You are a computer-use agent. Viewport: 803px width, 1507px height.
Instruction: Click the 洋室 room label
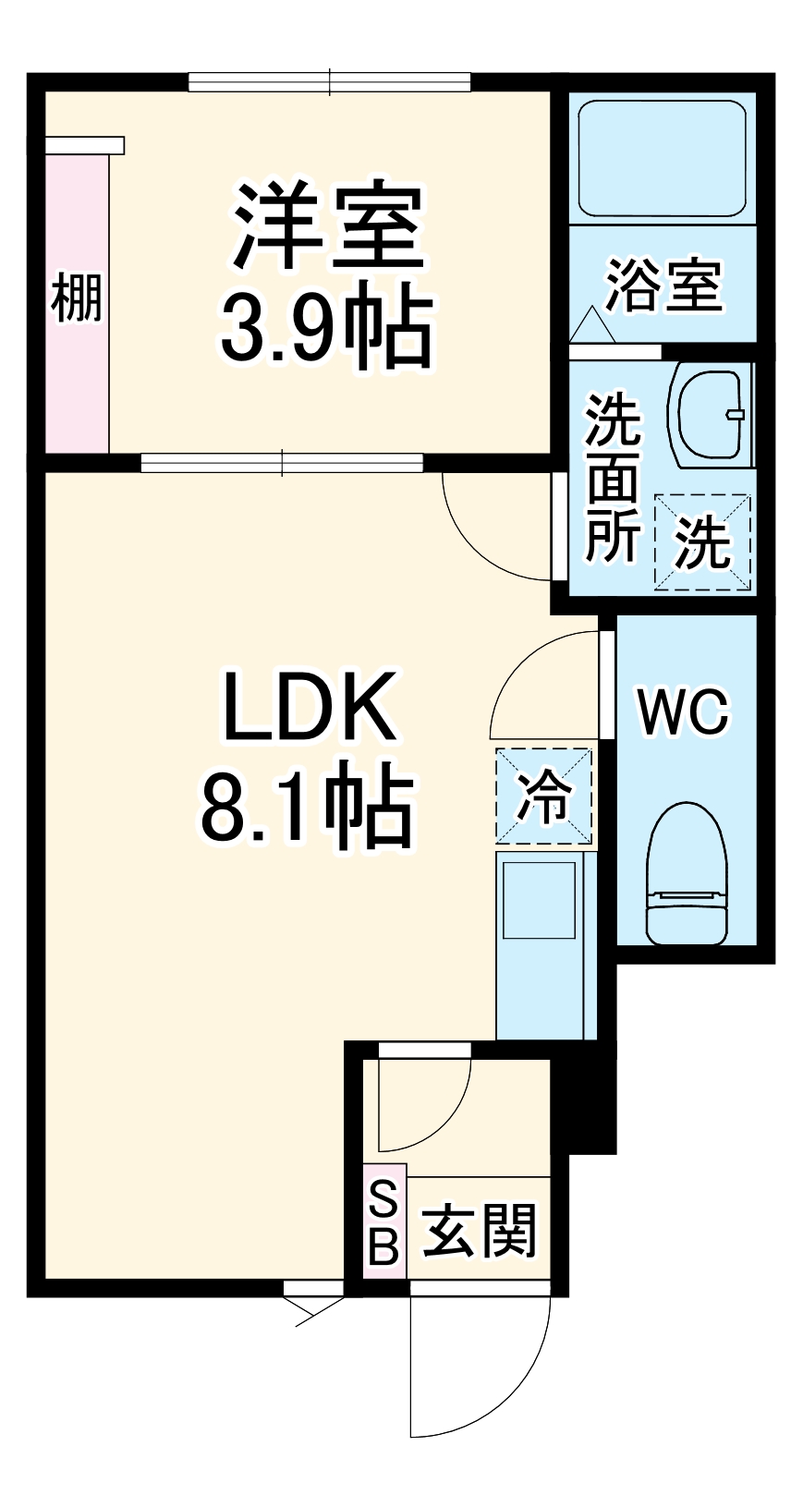328,226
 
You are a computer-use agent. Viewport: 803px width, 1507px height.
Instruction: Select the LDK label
310,708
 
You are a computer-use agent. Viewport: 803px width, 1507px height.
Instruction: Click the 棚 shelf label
77,298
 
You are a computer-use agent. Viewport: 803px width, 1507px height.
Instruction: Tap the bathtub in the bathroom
662,158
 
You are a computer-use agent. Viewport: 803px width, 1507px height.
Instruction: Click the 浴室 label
663,286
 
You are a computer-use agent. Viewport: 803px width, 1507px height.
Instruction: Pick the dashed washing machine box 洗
702,541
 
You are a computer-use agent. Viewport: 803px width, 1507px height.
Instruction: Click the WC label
684,712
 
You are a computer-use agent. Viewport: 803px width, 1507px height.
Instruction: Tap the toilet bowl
686,873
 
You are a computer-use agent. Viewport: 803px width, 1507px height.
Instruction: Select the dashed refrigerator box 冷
543,796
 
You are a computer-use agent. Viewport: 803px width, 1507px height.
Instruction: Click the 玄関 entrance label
480,1232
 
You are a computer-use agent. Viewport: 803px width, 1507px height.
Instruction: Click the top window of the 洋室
330,82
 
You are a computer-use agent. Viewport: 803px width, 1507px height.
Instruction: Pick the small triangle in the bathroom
590,325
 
